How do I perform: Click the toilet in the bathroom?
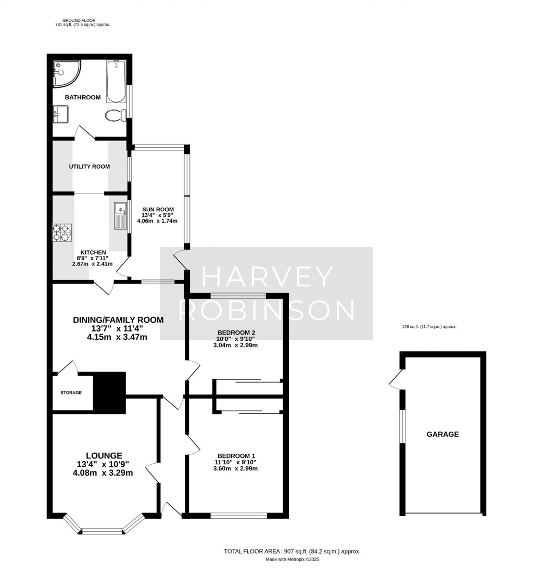[114, 115]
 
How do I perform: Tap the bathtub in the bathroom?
[116, 81]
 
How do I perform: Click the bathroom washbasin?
[60, 114]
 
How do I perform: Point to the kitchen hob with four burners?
[62, 233]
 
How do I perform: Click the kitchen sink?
[120, 215]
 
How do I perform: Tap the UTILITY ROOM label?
[90, 167]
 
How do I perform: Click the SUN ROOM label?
[158, 209]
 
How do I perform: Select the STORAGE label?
[71, 392]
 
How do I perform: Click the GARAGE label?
[442, 434]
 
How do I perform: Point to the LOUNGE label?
[105, 455]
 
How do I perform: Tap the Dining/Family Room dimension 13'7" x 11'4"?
[118, 328]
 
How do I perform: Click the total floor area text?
[292, 551]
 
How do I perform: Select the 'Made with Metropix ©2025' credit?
[292, 559]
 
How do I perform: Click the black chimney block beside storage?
[109, 391]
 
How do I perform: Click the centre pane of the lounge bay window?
[102, 531]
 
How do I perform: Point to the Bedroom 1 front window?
[238, 516]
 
